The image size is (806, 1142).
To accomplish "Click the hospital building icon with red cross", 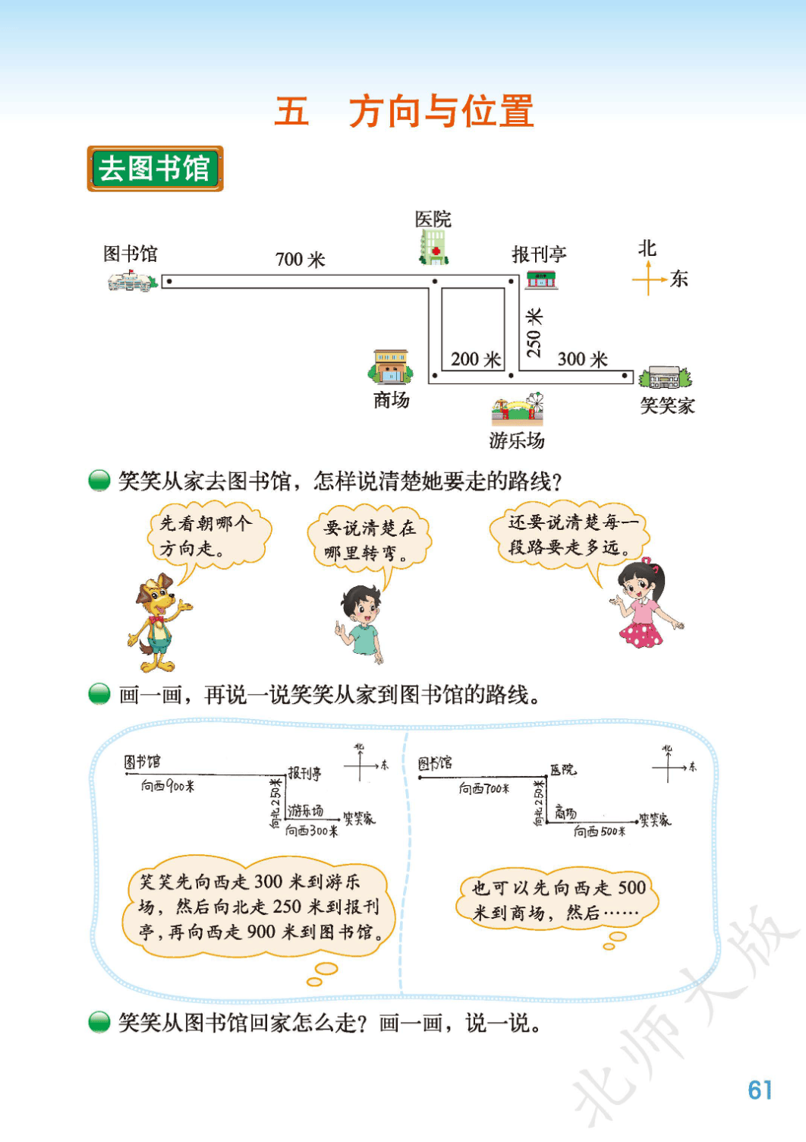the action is pos(433,247).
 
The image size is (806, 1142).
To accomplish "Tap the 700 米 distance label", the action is pos(300,260).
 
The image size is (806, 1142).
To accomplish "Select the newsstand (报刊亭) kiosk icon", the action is pos(541,280).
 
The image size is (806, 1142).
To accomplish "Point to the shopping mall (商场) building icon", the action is pos(391,367).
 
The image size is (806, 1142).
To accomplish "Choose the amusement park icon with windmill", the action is pos(518,409).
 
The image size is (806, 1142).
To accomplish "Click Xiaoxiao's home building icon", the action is pos(666,377).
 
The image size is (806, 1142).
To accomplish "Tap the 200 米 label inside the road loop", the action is pos(476,359).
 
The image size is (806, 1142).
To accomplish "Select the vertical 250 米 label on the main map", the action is pos(534,333).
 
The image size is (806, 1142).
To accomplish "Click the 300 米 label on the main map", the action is pos(582,359).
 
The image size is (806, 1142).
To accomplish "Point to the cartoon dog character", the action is pos(159,623).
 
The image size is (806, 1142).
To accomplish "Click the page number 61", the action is pos(760,1090).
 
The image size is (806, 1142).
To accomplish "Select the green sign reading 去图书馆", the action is pos(156,169).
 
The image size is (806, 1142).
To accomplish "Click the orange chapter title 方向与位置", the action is pos(441,111).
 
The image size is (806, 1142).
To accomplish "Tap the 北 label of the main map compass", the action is pos(647,249).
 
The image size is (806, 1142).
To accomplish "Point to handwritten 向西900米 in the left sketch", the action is pos(168,786).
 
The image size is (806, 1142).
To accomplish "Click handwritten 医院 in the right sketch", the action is pos(563,769).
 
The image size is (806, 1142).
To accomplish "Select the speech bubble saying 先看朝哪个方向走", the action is pos(209,535).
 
